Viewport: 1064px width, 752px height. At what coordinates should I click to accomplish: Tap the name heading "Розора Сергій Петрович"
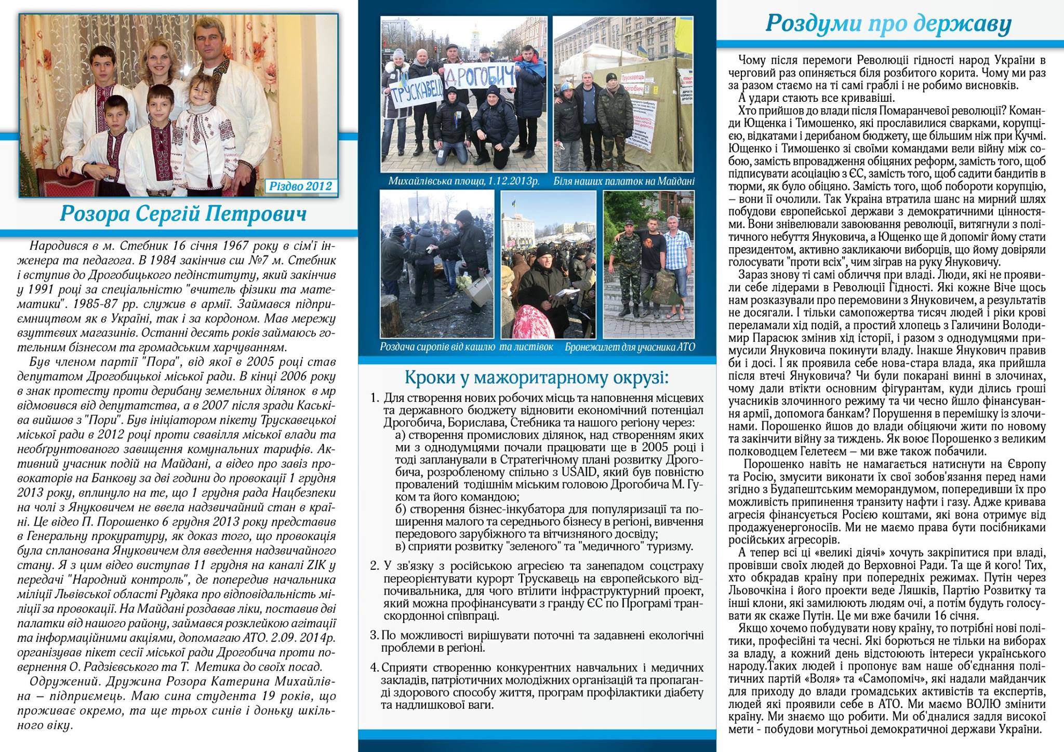click(x=183, y=214)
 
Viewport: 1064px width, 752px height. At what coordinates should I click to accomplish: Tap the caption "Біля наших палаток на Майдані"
click(x=623, y=181)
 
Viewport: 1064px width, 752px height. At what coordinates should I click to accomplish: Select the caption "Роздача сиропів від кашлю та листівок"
click(x=467, y=347)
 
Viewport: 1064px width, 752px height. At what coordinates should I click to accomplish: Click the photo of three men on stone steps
click(x=648, y=264)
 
